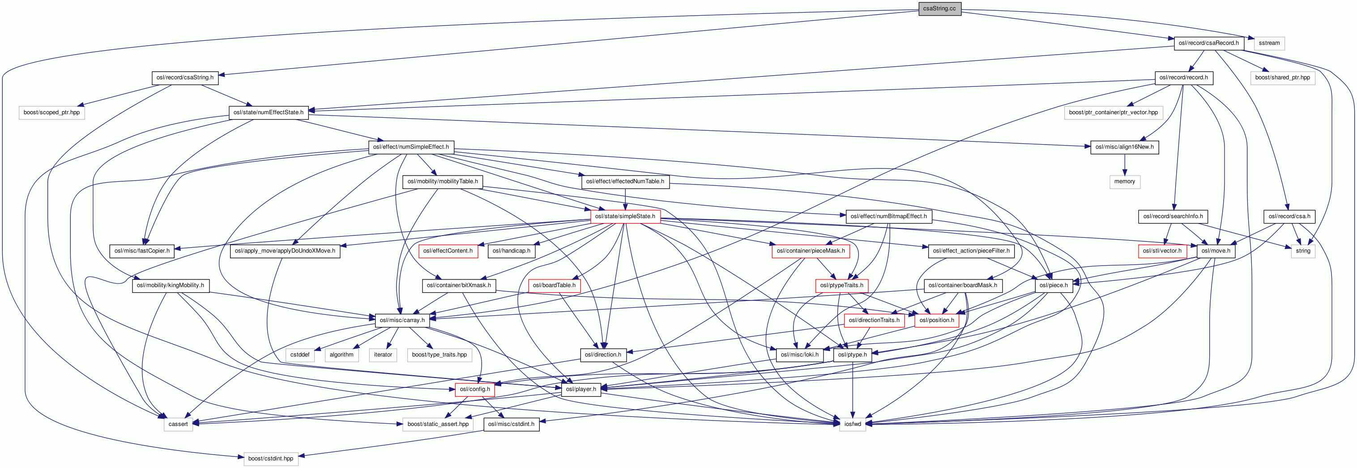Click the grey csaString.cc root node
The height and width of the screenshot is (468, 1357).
pos(939,9)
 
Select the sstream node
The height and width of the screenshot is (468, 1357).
pos(1269,43)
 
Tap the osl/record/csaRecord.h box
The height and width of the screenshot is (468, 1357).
pos(1208,43)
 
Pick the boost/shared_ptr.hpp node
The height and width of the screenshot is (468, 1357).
pos(1282,77)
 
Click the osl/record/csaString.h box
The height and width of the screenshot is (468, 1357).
pos(185,77)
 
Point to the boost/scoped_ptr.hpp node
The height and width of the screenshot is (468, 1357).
pos(51,112)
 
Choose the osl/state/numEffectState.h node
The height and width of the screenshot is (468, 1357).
pos(268,112)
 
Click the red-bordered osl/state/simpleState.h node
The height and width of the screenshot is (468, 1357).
pos(625,216)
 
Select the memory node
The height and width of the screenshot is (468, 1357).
pos(1124,181)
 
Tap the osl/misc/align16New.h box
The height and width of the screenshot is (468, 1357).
pos(1124,147)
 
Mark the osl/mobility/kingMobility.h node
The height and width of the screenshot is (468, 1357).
pos(170,286)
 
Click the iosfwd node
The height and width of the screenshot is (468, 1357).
pos(852,424)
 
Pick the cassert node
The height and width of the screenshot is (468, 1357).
pos(178,424)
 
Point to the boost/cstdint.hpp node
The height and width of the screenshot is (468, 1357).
pos(270,459)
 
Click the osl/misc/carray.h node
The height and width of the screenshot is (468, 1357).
pos(402,320)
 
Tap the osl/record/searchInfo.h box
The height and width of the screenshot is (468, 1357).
pos(1173,216)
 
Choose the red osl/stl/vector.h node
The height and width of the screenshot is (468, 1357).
pos(1162,251)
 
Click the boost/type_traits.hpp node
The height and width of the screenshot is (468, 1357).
pos(440,355)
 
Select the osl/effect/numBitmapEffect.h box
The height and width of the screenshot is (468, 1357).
pos(888,216)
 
